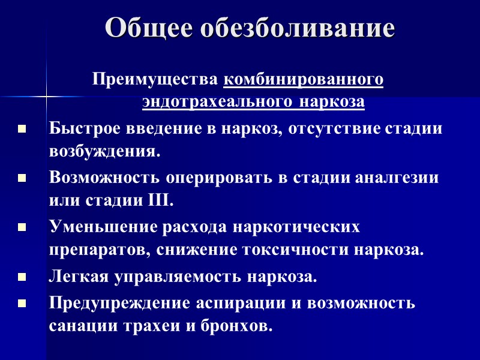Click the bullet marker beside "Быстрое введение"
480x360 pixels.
pos(22,129)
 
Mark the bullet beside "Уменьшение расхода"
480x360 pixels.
pos(22,228)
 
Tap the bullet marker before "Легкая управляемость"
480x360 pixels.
pos(22,278)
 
